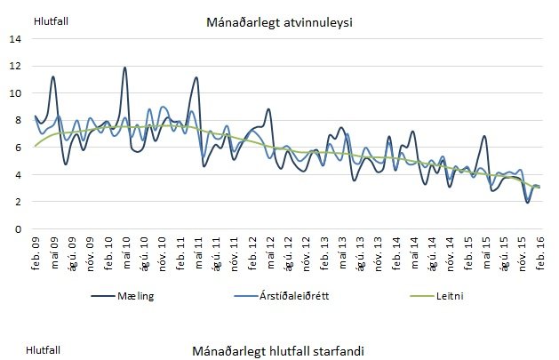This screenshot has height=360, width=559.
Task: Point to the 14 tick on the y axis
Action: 15,39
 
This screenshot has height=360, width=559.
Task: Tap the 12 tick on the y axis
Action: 15,66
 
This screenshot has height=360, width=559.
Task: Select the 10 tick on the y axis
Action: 15,93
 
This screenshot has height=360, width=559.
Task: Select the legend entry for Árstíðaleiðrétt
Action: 283,296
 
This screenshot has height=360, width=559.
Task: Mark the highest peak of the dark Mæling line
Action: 124,68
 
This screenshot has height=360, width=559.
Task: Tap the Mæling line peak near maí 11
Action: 196,78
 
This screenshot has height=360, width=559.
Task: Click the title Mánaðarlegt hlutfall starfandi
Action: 278,350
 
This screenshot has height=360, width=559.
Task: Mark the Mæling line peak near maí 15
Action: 484,136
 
